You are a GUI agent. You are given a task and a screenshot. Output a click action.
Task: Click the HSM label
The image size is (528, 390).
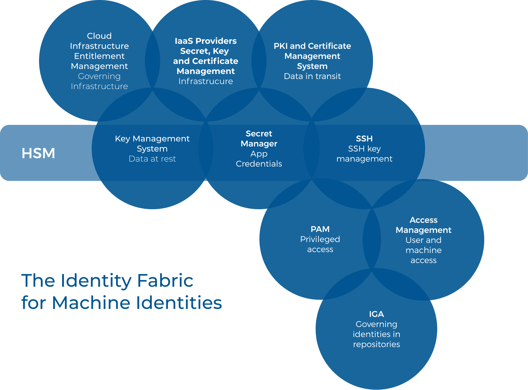pos(38,153)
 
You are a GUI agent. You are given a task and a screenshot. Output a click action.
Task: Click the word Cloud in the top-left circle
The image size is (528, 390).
pos(99,36)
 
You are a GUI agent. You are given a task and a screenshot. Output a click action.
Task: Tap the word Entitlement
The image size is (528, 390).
pos(99,56)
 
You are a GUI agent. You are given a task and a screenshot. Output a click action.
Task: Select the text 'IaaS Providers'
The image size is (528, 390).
pos(206,41)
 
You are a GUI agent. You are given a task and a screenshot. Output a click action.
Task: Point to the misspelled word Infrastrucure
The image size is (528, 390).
pos(206,81)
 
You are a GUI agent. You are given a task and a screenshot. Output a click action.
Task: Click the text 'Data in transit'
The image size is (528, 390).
pos(312,76)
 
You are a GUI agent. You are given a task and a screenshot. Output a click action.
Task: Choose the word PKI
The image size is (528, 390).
pos(280,46)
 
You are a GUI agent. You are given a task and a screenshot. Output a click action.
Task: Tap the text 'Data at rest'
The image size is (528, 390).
pos(152,159)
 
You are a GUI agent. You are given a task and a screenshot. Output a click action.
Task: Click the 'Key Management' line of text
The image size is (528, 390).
pos(152,138)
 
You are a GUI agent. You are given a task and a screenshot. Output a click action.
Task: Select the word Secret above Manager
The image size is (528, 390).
pos(259,133)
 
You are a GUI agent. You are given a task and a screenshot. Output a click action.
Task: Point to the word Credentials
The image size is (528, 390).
pos(259,164)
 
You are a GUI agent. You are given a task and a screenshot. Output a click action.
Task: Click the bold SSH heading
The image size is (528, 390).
pos(364,138)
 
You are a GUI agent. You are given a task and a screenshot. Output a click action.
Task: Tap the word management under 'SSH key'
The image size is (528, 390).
pos(364,159)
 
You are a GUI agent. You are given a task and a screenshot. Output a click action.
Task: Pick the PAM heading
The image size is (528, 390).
pos(320,229)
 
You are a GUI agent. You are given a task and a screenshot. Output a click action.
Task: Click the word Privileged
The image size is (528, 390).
pos(320,239)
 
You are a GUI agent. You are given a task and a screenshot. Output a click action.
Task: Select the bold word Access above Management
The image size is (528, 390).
pos(423,220)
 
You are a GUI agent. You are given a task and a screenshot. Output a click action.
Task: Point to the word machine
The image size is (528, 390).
pos(423,250)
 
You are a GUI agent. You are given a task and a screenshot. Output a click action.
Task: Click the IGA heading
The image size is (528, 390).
pos(376,314)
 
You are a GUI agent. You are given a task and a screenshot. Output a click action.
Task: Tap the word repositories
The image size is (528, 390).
pos(376,344)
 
